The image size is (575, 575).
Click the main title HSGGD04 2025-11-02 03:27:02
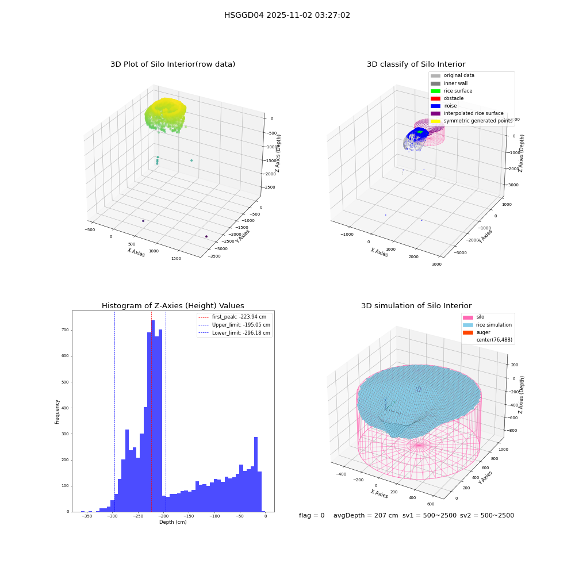pos(287,15)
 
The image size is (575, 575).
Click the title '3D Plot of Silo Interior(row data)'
pos(172,64)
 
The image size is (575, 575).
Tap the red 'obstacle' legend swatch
pos(435,98)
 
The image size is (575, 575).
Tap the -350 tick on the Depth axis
pos(87,516)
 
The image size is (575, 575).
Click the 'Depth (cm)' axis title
pos(173,522)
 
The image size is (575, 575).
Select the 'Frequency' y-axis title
pos(57,412)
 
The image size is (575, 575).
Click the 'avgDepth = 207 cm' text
pos(366,515)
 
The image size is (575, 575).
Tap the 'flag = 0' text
pos(312,515)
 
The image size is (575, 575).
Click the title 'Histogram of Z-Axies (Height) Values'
pos(172,306)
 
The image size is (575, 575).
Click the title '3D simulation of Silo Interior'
pos(416,306)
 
